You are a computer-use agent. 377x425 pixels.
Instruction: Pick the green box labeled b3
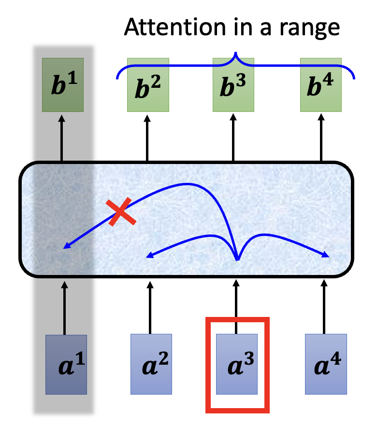tap(233, 85)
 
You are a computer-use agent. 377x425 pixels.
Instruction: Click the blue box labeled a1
tap(66, 365)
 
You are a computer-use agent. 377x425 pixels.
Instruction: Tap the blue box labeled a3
tap(237, 365)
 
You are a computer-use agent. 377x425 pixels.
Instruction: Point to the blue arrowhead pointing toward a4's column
tap(326, 255)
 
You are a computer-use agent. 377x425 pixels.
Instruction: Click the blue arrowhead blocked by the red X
tap(67, 247)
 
